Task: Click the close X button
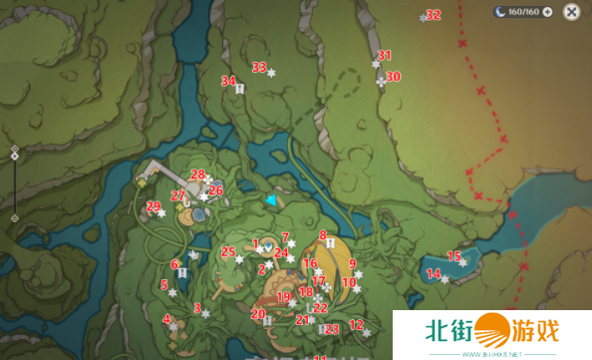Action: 571,12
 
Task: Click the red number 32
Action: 433,15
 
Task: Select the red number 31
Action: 385,56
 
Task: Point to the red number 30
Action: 394,77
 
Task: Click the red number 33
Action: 259,68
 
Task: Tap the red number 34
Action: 228,81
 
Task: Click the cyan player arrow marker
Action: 269,200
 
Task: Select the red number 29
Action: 153,206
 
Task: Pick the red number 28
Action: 197,175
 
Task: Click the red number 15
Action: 453,256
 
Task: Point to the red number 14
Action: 433,273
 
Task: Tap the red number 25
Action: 228,251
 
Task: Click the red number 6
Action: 174,264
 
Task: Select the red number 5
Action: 163,284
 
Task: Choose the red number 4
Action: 166,319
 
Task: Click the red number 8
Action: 323,235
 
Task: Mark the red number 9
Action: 352,263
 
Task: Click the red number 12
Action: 356,324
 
